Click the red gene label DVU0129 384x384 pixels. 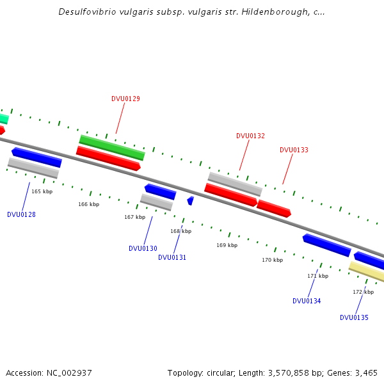[125, 99]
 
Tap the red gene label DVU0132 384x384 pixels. [250, 136]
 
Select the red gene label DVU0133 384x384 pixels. [294, 150]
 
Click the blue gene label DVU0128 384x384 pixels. [21, 214]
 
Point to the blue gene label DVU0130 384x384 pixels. [143, 248]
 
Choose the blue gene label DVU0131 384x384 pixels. [172, 257]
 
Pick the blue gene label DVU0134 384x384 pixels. [307, 301]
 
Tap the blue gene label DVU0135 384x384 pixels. [354, 317]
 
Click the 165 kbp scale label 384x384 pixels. [42, 191]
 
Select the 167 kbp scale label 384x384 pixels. [134, 217]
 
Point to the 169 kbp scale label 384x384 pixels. [227, 245]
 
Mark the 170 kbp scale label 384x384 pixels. [272, 260]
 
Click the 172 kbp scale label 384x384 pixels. [363, 292]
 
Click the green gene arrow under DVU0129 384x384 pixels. [112, 147]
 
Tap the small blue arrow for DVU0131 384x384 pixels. [190, 201]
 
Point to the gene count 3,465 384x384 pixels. [365, 372]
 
